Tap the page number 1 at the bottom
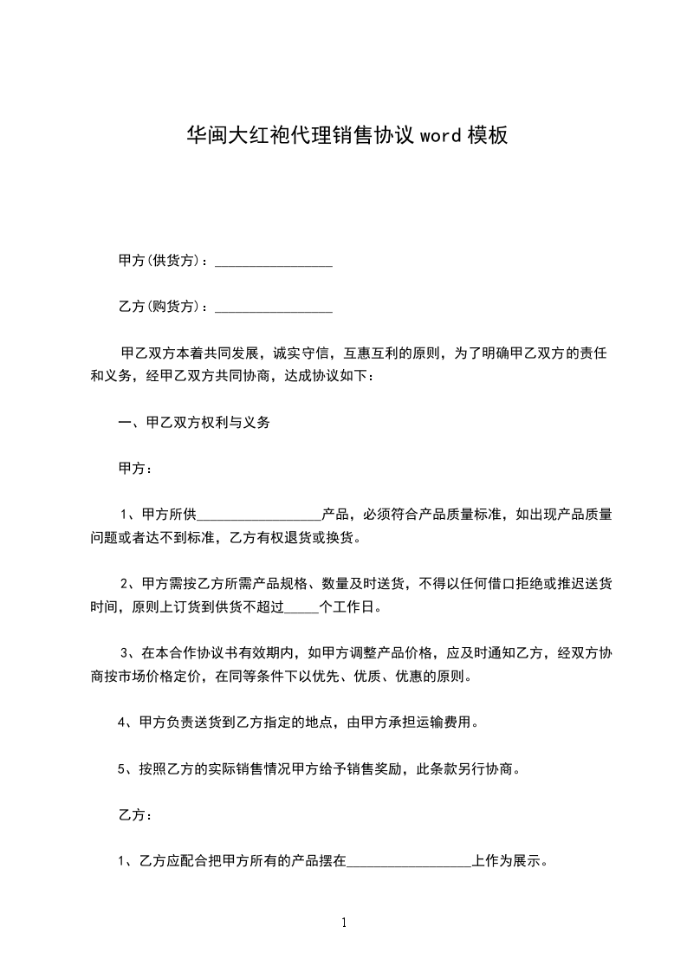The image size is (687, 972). tap(344, 923)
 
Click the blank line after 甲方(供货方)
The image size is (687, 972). tap(273, 261)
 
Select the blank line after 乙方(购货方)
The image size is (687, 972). tap(273, 308)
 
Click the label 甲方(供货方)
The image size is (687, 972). tap(163, 261)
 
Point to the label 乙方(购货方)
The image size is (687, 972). tap(163, 308)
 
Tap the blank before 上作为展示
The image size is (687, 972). tap(408, 862)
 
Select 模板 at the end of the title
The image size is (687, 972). tap(486, 135)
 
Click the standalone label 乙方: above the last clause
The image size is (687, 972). tap(135, 815)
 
